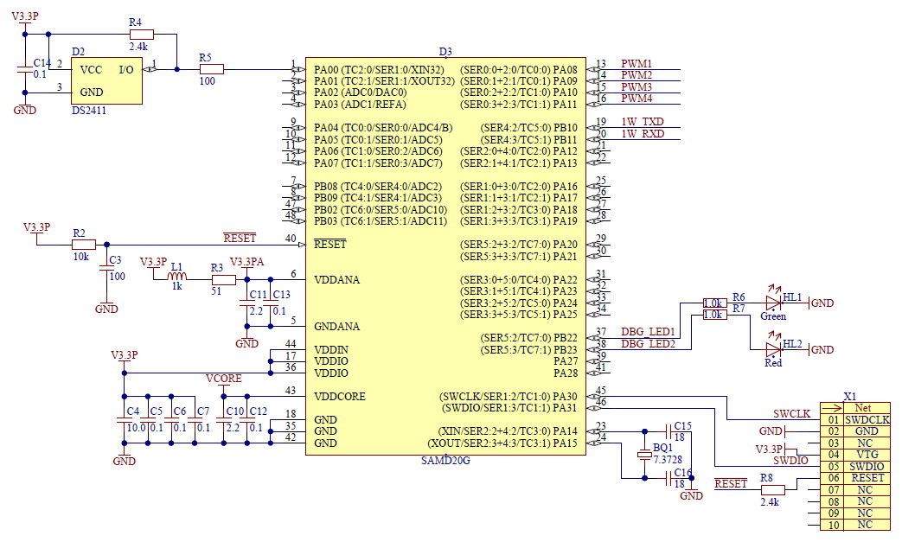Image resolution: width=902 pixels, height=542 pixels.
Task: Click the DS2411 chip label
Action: [91, 111]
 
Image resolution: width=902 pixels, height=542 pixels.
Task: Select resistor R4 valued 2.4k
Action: [141, 34]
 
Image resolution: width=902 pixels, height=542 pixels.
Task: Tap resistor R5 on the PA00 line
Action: [210, 69]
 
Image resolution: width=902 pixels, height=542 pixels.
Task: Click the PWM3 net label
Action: [636, 87]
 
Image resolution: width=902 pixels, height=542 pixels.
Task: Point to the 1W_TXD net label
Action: [643, 122]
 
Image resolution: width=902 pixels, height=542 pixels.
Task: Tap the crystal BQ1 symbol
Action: [643, 454]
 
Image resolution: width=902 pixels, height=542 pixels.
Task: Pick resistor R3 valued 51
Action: [223, 279]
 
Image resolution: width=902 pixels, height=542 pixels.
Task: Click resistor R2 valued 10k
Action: [84, 245]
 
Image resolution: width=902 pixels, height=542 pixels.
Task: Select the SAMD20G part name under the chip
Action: [445, 461]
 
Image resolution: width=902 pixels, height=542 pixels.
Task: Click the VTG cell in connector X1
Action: [862, 454]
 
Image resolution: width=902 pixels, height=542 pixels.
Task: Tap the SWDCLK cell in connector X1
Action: [862, 419]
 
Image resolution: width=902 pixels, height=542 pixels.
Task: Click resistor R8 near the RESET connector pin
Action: [771, 489]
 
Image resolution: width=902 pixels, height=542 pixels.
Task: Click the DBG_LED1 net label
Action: [648, 333]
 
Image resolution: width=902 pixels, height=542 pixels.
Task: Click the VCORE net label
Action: [223, 379]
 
